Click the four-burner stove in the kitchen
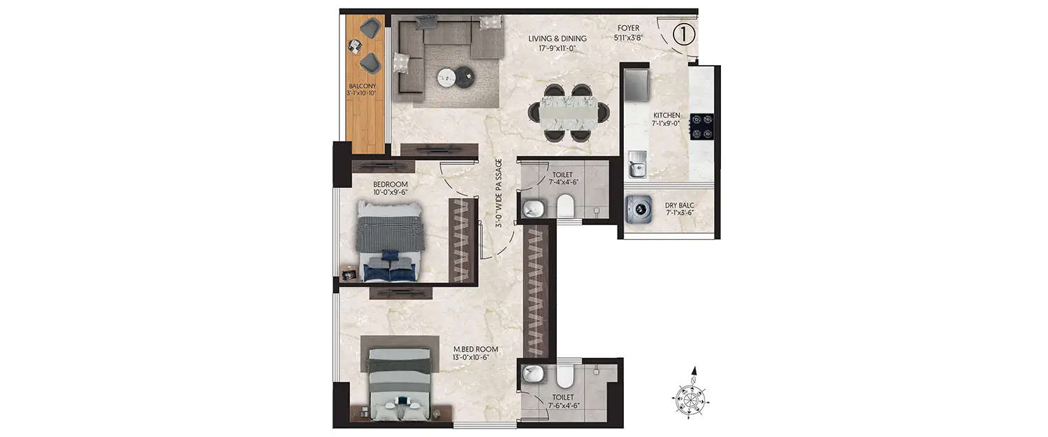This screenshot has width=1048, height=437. tap(701, 126)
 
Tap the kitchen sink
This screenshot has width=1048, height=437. tap(636, 166)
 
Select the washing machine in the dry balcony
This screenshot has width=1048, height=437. tap(639, 209)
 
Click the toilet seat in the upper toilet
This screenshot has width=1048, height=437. tap(565, 206)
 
